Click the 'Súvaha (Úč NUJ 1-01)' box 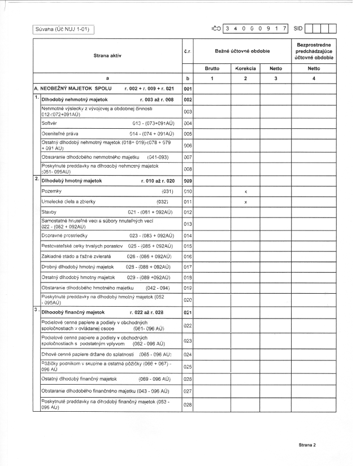tap(63, 28)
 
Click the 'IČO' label tap(215, 28)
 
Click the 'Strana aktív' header tap(107, 55)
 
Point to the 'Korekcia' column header tap(246, 68)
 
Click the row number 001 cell tap(188, 89)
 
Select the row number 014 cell tap(188, 235)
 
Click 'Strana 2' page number tap(307, 445)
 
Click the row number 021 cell tap(188, 312)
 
